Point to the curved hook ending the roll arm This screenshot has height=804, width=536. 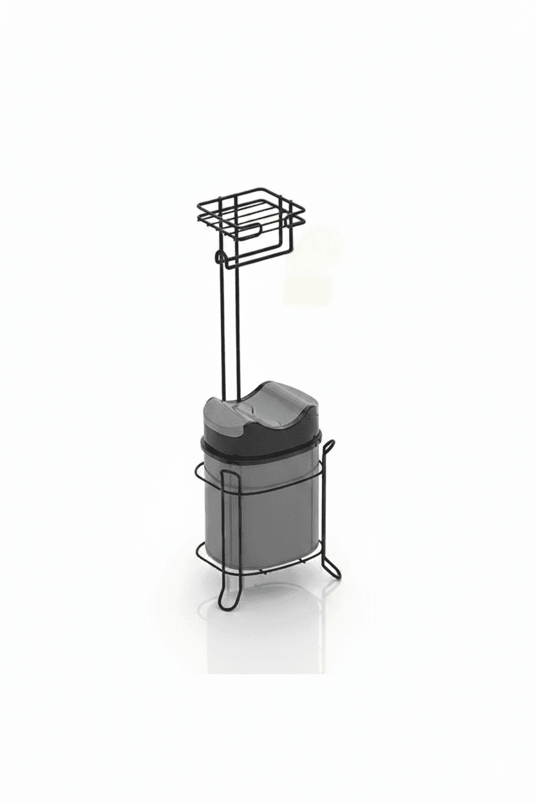(218, 258)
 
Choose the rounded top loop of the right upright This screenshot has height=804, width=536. (329, 445)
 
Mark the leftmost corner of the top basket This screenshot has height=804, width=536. (198, 207)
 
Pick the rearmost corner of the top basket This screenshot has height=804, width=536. (263, 189)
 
